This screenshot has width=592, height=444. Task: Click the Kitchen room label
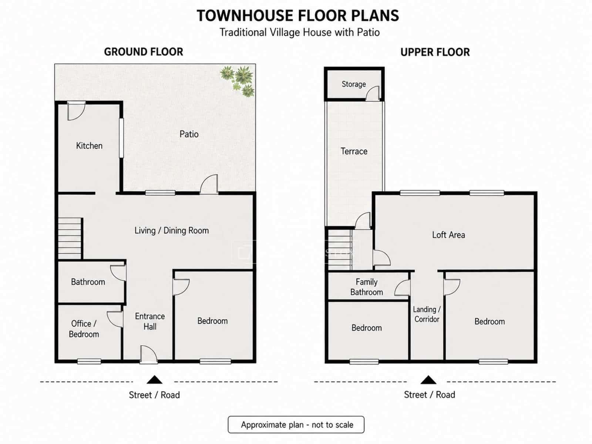(89, 146)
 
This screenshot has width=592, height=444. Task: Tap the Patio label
(189, 134)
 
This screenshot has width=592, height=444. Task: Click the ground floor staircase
(70, 239)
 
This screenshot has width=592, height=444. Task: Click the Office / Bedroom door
(115, 319)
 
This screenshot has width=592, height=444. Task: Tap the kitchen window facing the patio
(121, 138)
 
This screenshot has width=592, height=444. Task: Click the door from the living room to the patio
(209, 184)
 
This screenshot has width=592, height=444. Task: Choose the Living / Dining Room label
(172, 231)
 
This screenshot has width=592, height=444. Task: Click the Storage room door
(373, 93)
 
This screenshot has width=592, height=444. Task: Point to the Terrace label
(354, 151)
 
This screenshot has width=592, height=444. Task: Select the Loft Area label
(448, 235)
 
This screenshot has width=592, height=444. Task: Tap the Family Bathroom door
(403, 288)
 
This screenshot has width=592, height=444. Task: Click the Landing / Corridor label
(427, 314)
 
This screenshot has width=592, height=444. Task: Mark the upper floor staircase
(340, 249)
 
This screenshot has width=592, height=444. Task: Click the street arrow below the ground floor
(155, 380)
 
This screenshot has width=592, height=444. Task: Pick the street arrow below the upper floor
(428, 380)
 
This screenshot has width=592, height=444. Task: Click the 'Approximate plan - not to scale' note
(296, 425)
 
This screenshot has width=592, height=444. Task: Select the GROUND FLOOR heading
(144, 52)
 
